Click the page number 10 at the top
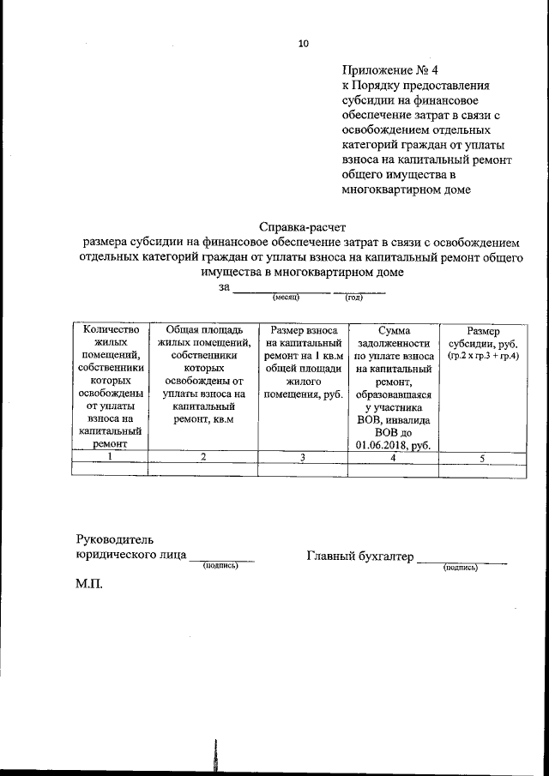(303, 45)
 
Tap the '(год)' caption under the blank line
(353, 297)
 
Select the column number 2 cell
(202, 457)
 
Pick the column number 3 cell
(303, 457)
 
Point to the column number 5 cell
(483, 457)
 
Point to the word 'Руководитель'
(115, 539)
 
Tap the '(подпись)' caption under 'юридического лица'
(220, 566)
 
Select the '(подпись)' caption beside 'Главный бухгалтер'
(461, 568)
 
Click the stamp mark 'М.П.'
(90, 584)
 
